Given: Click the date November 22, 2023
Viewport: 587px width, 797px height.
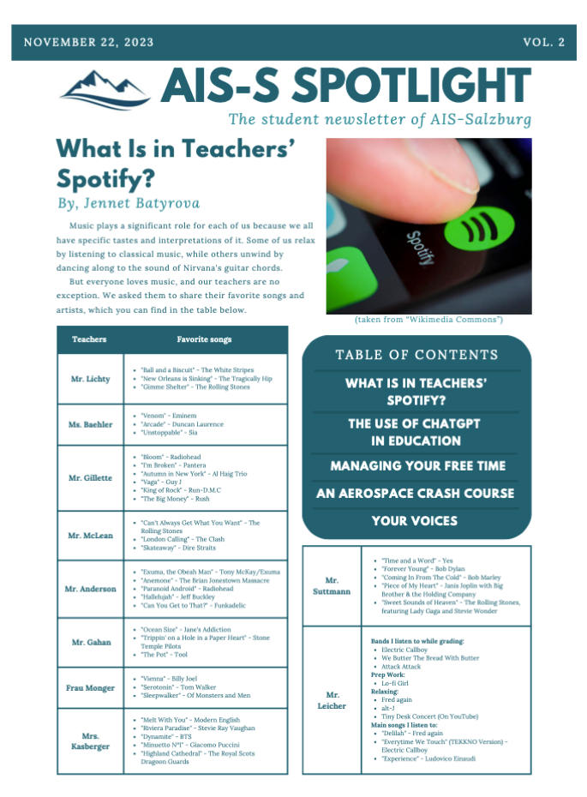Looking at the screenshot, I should tap(89, 42).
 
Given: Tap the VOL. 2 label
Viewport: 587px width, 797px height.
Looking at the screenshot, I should tap(543, 42).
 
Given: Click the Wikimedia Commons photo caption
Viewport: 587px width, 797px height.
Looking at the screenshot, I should tap(428, 320).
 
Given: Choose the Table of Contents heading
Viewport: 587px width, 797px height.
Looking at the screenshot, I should tap(416, 355).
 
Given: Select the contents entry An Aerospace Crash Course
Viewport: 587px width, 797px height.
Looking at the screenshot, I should tap(416, 494).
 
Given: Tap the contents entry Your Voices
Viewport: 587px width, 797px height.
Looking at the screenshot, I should tap(415, 521).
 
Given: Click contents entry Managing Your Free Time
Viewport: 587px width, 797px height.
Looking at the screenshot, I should tap(416, 466).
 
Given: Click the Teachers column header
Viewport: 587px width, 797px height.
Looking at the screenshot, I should tap(90, 339).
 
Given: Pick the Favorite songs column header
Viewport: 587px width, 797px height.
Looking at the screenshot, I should tap(204, 339).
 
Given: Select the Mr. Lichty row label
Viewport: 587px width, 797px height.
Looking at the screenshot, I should tap(90, 379).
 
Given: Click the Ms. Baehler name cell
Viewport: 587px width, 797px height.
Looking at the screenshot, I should tap(90, 424).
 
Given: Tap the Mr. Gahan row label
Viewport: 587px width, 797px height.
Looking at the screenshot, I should tap(90, 642).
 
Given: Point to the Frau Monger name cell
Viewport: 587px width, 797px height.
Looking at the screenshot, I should tap(90, 687).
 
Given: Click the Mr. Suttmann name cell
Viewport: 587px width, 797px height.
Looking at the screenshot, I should tap(332, 586).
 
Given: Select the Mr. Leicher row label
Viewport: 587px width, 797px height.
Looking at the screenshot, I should tap(332, 700).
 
